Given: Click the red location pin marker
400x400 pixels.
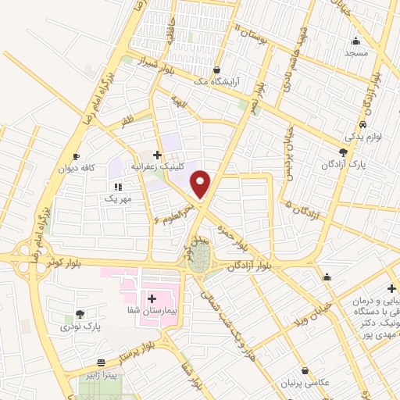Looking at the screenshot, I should tap(201, 184).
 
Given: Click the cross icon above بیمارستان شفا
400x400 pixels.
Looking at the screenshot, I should tap(151, 298).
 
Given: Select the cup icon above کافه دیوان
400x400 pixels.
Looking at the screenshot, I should tap(76, 156).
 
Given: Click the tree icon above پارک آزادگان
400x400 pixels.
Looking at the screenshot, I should tap(343, 153).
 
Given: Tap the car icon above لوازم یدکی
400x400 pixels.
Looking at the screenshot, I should tap(363, 125).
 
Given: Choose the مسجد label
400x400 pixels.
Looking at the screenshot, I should tap(355, 54).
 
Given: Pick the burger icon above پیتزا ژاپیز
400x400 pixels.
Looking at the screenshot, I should tap(101, 363).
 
